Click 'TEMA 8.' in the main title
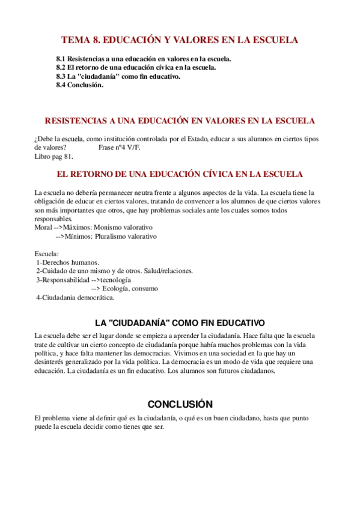point(80,41)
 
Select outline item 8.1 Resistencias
point(143,59)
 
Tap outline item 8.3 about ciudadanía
point(118,76)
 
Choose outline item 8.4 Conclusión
point(80,85)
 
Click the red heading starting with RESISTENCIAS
point(180,121)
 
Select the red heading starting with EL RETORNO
point(180,174)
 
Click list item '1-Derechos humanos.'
point(67,262)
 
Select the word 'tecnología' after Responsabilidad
point(115,280)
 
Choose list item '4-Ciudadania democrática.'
point(75,297)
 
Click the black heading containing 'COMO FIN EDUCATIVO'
point(180,323)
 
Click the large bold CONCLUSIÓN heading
point(180,404)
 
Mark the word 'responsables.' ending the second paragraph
point(53,219)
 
